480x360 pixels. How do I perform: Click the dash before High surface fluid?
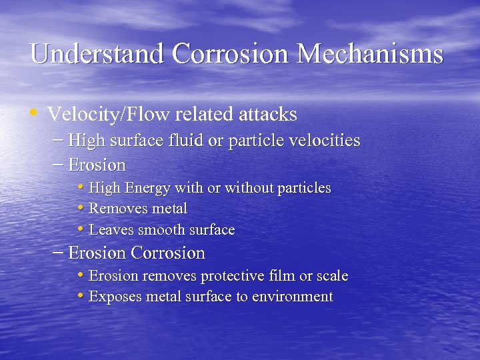coord(58,140)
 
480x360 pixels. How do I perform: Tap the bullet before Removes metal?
coord(80,207)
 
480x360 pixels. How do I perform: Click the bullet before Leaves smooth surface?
coord(80,229)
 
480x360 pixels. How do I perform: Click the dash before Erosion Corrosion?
coord(58,253)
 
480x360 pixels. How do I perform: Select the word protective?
coord(233,276)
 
